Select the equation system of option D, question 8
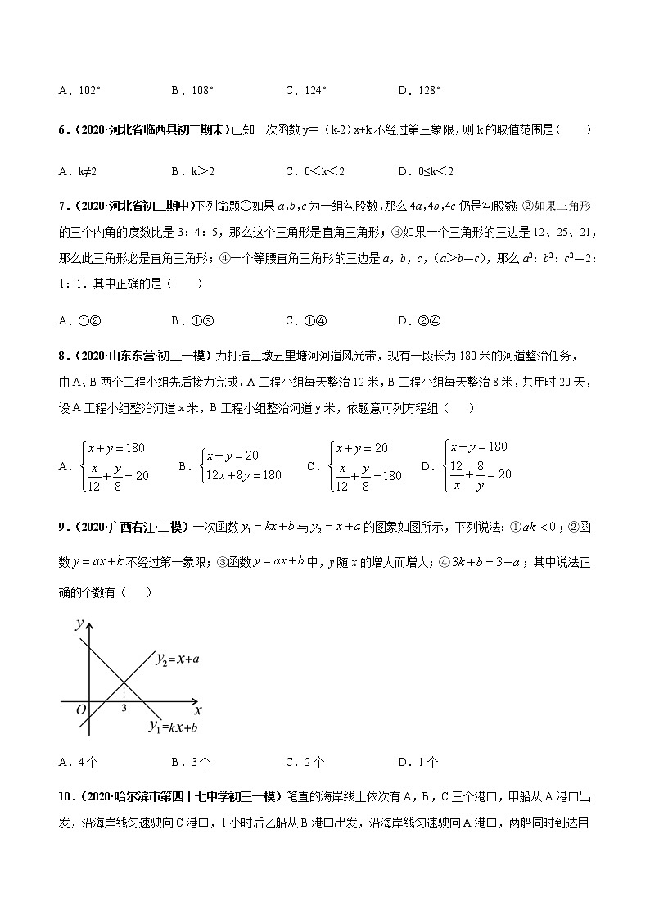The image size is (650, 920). pyautogui.click(x=478, y=465)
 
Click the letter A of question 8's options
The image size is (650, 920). pyautogui.click(x=63, y=466)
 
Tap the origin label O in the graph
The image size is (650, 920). pyautogui.click(x=81, y=709)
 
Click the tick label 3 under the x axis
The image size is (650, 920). pyautogui.click(x=124, y=708)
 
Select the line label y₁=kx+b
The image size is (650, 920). pyautogui.click(x=173, y=726)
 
